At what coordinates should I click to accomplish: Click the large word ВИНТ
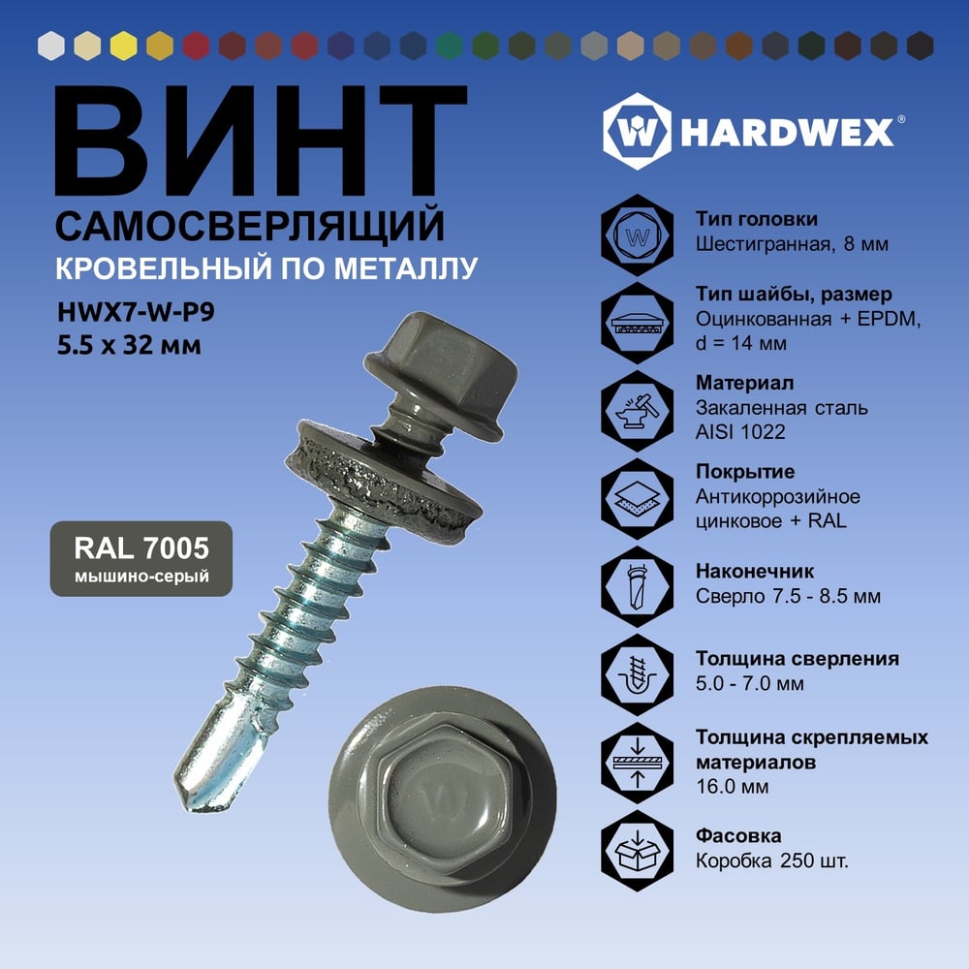coord(261,141)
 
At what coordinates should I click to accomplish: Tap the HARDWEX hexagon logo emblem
coord(637,132)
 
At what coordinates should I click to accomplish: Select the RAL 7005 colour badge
coord(141,559)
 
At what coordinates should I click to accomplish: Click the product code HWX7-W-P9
coord(136,312)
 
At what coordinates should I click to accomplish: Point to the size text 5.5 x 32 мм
coord(129,345)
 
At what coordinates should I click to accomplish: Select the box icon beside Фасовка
coord(638,851)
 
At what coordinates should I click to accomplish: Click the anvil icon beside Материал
coord(638,410)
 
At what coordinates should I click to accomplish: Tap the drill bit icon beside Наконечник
coord(638,586)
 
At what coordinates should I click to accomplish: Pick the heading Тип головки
coord(757,219)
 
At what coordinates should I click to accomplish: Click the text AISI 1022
coord(740,431)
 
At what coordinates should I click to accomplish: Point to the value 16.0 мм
coord(733,787)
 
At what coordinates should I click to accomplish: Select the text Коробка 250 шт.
coord(772,860)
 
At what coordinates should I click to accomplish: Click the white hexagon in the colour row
coord(51,46)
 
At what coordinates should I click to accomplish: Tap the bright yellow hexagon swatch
coord(124,46)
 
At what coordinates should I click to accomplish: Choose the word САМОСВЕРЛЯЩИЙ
coord(250,226)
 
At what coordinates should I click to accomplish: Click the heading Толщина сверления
coord(797,658)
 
